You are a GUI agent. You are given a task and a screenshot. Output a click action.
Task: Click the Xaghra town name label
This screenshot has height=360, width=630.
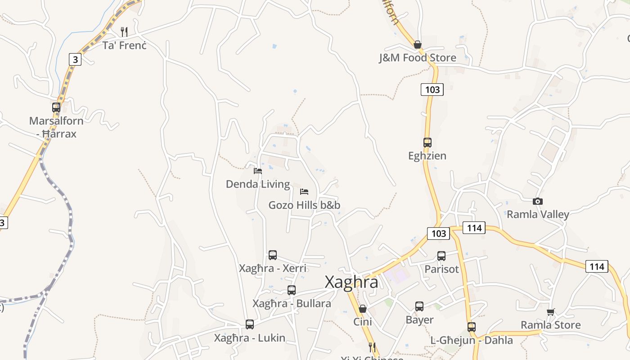351,282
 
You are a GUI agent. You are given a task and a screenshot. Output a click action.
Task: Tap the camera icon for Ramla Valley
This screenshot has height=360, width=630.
537,201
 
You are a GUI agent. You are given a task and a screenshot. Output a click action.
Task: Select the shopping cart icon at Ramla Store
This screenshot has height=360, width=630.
550,312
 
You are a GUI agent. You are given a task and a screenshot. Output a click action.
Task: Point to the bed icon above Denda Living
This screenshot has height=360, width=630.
258,171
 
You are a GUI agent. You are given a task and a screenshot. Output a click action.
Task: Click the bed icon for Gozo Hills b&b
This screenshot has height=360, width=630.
304,192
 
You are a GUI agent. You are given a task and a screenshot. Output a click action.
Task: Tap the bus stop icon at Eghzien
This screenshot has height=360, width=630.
427,143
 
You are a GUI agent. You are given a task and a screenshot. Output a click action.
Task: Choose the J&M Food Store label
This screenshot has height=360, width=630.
418,58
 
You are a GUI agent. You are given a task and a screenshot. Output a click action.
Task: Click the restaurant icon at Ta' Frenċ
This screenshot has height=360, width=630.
124,32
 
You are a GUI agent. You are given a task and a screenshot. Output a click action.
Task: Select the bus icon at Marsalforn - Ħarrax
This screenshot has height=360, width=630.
56,108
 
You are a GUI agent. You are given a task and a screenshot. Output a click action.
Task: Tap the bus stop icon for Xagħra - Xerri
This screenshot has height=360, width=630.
272,255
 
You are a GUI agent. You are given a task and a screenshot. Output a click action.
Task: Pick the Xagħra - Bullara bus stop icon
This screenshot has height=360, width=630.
292,290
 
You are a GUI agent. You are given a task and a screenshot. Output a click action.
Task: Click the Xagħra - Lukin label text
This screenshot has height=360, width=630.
250,338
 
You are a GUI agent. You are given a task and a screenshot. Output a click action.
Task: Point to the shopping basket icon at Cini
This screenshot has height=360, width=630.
362,309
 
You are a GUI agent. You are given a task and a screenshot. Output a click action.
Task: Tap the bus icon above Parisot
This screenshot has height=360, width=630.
441,256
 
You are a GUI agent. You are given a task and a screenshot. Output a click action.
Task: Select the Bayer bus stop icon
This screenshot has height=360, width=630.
419,306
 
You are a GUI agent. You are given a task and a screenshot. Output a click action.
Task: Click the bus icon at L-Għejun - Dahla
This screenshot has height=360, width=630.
471,327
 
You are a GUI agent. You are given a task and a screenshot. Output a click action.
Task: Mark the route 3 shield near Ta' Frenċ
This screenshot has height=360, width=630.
75,59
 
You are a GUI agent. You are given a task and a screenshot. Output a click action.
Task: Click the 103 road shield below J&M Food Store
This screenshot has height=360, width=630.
432,90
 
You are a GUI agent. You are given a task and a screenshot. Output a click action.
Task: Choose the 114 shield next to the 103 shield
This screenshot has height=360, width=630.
474,228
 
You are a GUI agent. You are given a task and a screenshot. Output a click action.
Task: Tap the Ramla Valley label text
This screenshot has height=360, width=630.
538,214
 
